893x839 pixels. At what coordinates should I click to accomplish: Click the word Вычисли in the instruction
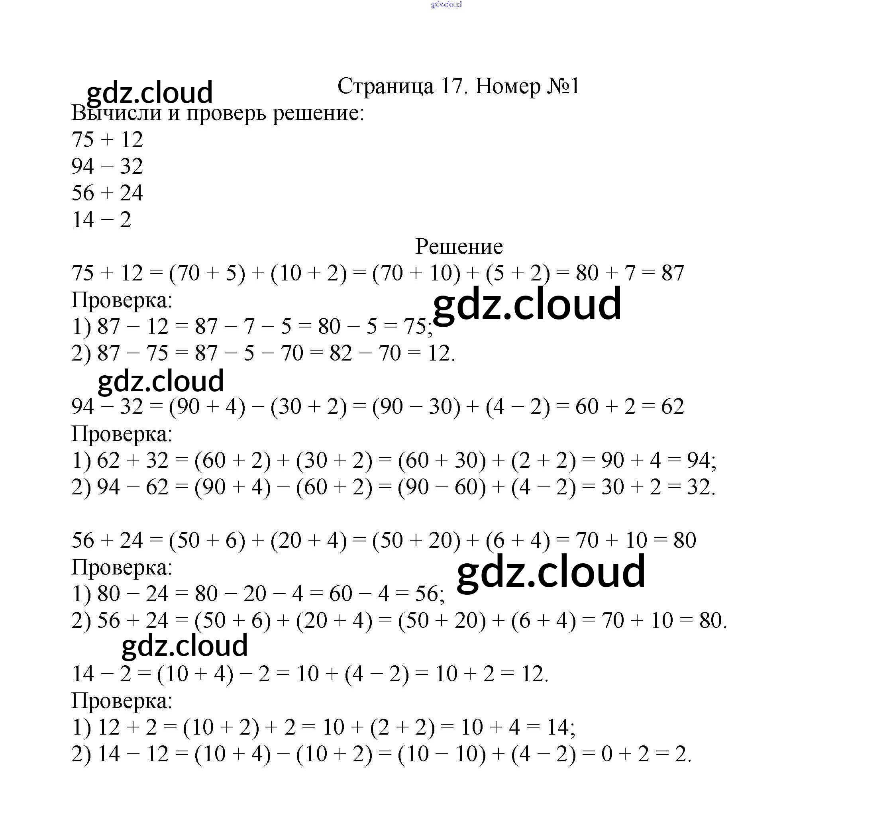[116, 113]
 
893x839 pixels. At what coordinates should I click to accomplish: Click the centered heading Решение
[459, 246]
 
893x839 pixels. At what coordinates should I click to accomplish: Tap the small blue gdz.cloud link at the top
[446, 4]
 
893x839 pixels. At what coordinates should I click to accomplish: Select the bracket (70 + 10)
[416, 273]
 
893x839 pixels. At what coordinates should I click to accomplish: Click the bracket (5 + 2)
[518, 273]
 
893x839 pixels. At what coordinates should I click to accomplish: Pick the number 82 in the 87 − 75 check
[340, 353]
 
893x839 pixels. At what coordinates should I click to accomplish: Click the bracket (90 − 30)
[416, 406]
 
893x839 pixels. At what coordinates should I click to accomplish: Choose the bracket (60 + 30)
[442, 460]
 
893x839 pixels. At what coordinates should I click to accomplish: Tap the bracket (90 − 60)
[442, 487]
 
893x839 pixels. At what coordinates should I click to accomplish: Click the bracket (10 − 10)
[442, 754]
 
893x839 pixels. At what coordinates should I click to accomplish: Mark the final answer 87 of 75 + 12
[673, 273]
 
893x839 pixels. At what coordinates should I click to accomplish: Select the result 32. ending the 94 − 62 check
[701, 487]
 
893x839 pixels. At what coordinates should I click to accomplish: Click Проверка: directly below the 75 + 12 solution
[122, 300]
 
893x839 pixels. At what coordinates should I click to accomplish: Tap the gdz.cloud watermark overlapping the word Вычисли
[149, 92]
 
